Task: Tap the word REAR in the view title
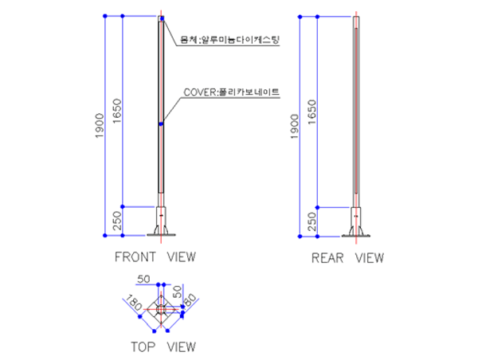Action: (327, 257)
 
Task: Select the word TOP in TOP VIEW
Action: (143, 346)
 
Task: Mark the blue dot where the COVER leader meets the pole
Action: (161, 124)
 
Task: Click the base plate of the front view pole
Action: (161, 233)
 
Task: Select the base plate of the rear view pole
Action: (356, 234)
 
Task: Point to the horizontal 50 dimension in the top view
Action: (144, 279)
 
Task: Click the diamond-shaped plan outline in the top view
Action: (161, 311)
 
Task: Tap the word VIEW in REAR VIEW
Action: (369, 257)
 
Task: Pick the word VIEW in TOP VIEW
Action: (181, 346)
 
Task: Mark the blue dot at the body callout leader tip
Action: (162, 18)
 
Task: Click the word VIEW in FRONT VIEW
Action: (181, 256)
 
